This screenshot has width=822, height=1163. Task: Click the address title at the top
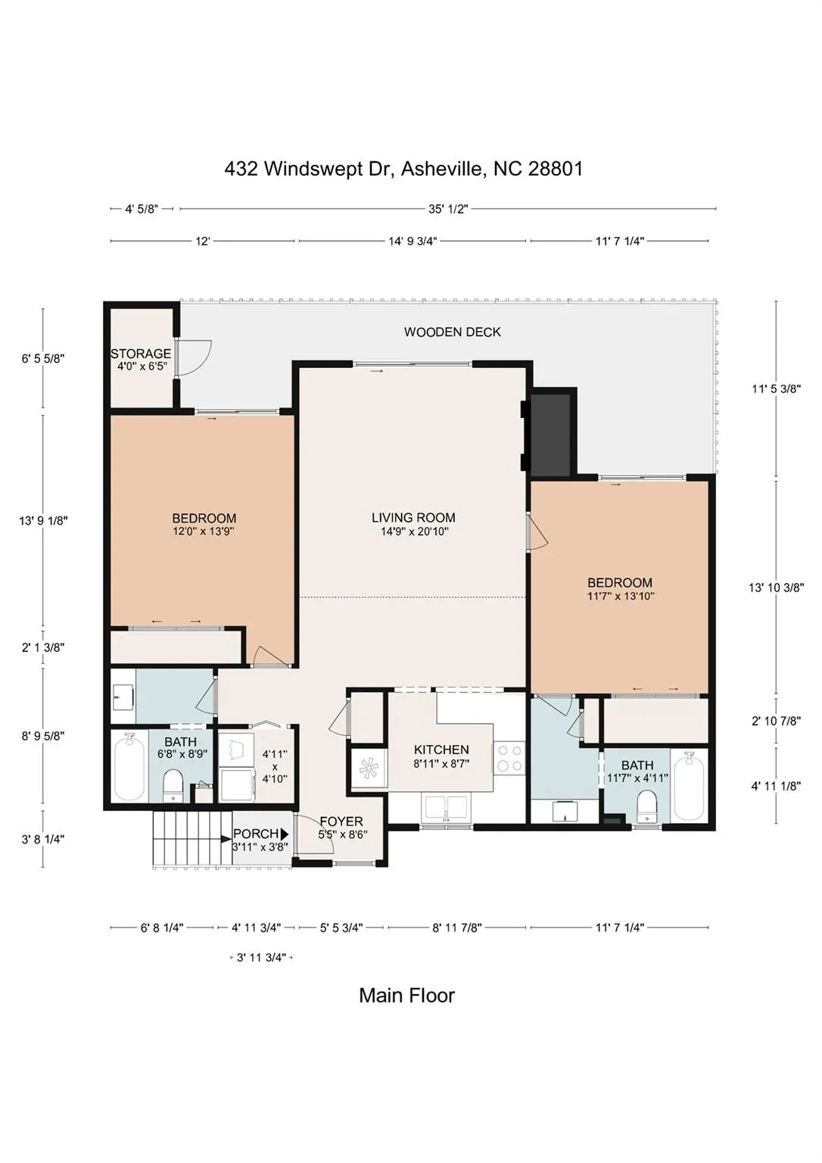403,169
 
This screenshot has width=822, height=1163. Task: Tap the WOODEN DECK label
453,332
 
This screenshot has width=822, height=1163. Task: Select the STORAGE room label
141,354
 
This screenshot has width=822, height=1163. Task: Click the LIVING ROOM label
413,518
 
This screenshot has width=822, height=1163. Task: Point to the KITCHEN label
441,750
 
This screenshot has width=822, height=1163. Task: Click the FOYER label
341,822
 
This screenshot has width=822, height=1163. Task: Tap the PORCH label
256,834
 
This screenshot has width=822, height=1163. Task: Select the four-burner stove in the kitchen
509,759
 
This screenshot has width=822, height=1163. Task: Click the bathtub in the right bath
689,786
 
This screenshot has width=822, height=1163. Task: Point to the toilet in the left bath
173,785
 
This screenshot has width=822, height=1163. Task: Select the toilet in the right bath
646,806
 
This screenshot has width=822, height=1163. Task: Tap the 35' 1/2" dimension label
448,209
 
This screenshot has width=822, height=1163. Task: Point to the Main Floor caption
407,996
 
